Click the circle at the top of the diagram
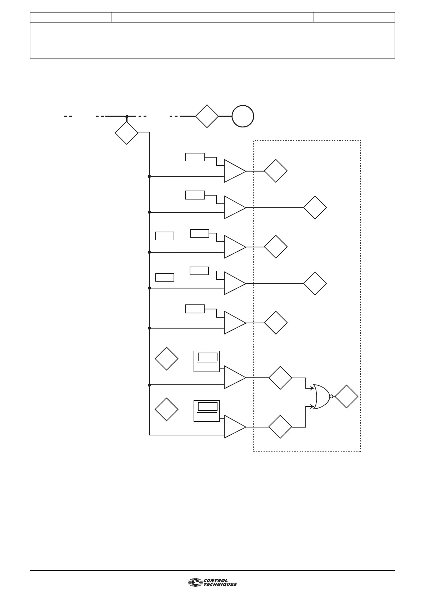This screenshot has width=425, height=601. coord(243,116)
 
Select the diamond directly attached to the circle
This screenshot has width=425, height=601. coord(207,116)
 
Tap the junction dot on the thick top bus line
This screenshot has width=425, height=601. coord(127,116)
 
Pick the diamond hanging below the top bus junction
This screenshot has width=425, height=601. coord(127,133)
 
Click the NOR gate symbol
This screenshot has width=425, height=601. coord(321,397)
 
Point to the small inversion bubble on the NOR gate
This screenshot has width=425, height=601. coord(331,397)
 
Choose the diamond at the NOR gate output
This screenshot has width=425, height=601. coord(346,397)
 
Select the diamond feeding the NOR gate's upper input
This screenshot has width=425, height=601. coord(280,378)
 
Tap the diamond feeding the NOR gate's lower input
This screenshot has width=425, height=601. coord(280,427)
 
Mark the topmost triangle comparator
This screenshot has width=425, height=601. coord(234,171)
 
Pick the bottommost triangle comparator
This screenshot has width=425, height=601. coord(234,427)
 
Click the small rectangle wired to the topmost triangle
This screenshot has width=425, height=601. coord(195,157)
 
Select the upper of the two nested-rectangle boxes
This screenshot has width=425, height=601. coord(207,361)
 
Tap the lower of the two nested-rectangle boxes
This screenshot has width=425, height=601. coord(207,411)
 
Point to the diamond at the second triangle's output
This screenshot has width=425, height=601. coord(315,207)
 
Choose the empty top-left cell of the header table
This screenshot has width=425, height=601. coord(71,17)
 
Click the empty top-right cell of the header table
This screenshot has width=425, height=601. coord(354,17)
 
